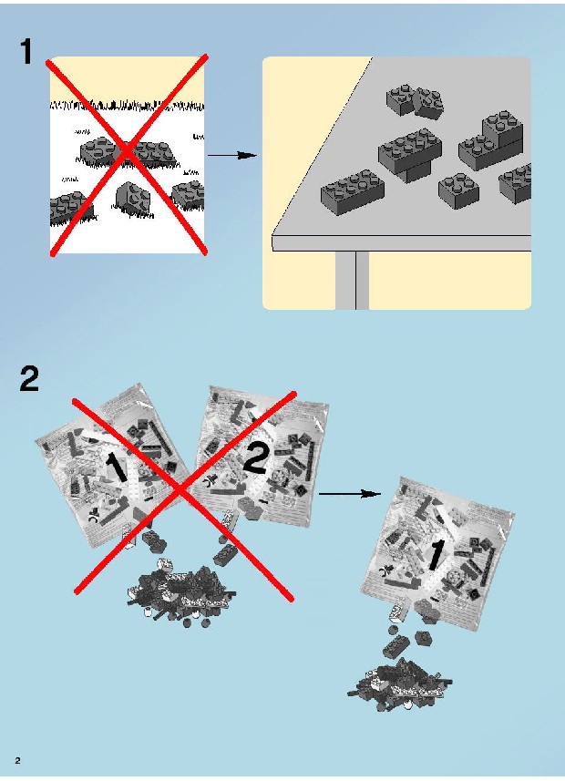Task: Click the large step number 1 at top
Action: pos(27,52)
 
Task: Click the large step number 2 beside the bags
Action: pos(29,379)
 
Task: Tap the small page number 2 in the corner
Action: pos(18,761)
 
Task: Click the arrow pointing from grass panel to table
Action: pos(231,156)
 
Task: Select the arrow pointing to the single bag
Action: pos(349,494)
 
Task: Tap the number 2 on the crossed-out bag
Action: pos(256,458)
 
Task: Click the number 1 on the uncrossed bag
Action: pos(436,555)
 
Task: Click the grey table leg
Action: pos(352,280)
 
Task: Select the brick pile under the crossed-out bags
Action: pos(180,595)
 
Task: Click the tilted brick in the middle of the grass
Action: pos(132,199)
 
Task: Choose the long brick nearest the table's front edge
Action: pos(353,192)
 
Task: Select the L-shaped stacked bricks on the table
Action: pos(492,140)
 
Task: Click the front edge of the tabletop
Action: pos(401,243)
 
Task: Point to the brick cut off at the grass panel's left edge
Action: pos(67,207)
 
